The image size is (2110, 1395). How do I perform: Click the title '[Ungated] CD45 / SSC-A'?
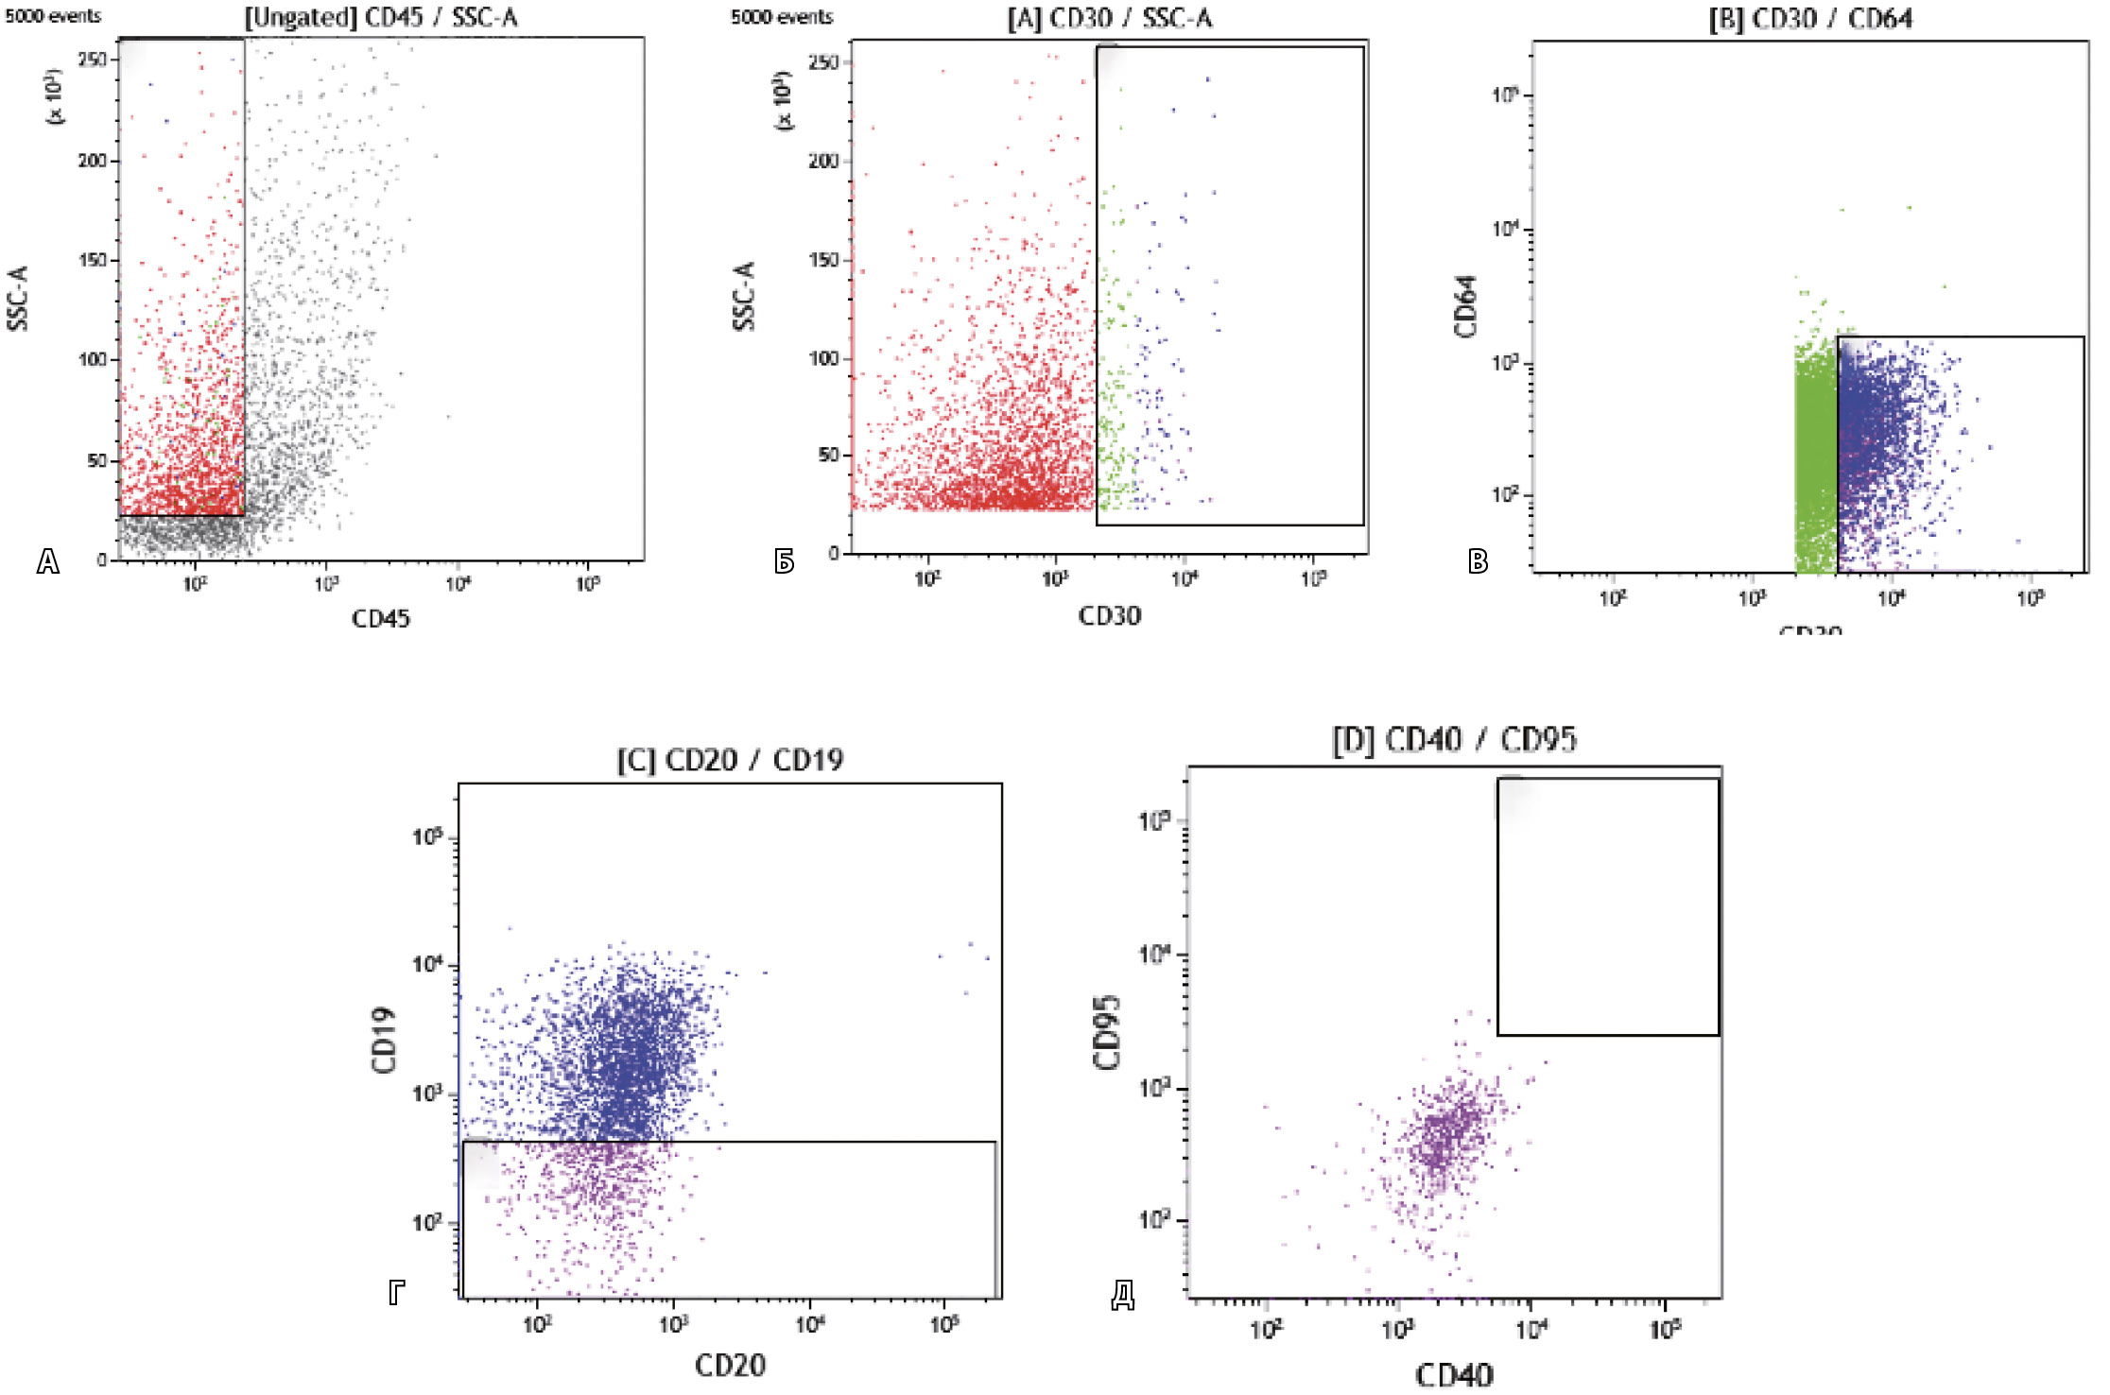coord(381,17)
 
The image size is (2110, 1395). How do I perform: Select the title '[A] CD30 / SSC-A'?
coord(1109,18)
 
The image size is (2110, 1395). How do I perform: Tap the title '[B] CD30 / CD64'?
coord(1810,19)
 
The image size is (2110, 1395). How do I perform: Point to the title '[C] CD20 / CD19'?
coord(730,760)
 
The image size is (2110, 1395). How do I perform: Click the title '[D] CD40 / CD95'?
coord(1454,739)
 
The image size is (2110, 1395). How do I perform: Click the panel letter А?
coord(47,562)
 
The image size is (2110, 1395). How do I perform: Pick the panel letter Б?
coord(784,562)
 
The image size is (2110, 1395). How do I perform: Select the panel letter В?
coord(1478,562)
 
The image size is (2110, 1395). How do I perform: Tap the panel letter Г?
coord(397,1292)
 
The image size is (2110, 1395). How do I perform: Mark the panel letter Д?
coord(1122,1295)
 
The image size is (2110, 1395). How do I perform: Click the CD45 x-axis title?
coord(380,619)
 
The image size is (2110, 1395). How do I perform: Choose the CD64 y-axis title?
coord(1465,306)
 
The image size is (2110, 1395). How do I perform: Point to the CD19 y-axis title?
coord(384,1040)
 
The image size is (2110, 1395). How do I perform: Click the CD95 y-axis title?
coord(1107,1032)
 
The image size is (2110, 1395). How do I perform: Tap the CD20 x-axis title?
coord(730,1365)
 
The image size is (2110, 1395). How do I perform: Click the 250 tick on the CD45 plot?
coord(93,60)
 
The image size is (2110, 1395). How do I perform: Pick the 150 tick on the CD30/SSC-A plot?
coord(823,260)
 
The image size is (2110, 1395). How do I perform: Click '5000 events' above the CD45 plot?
coord(53,16)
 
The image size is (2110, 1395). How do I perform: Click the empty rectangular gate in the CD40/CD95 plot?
coord(1607,906)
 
